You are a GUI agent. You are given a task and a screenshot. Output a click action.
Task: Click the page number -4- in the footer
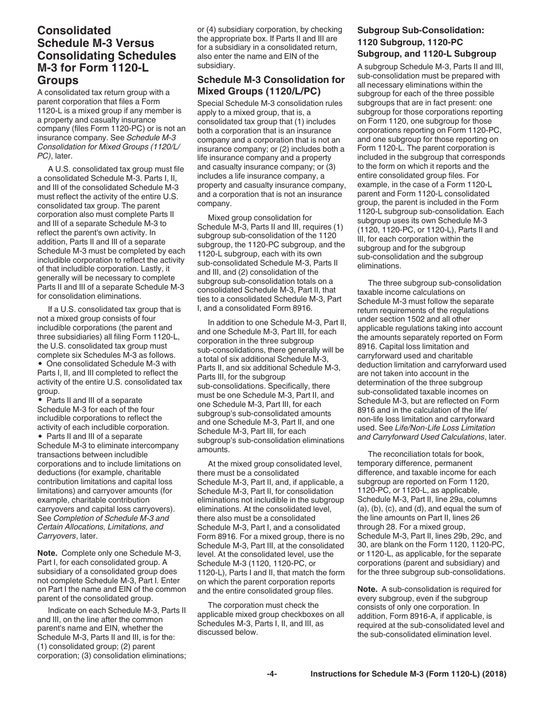tap(271, 674)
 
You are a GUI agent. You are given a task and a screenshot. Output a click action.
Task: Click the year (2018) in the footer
tap(494, 674)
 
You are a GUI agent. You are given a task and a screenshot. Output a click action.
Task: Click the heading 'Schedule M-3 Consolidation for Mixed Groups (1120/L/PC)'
tap(271, 85)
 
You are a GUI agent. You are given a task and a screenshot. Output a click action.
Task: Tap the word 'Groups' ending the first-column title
tap(58, 81)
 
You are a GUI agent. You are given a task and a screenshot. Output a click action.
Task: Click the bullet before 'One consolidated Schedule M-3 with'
tap(40, 364)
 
